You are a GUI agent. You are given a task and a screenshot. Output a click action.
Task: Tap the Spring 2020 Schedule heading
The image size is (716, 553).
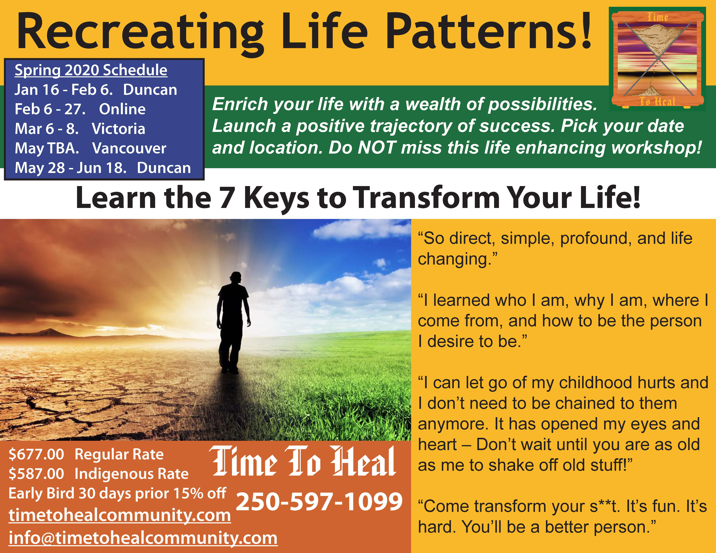point(91,70)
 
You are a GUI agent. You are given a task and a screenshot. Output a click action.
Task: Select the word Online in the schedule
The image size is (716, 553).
point(122,109)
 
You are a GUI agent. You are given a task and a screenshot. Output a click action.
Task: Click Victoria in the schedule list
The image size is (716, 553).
point(118,129)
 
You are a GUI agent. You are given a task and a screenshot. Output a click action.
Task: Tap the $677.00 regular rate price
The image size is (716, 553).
point(36,454)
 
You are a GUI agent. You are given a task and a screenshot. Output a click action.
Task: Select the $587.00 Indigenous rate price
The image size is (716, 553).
point(36,474)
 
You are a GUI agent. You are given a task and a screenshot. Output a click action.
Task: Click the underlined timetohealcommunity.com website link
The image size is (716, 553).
point(120,515)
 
